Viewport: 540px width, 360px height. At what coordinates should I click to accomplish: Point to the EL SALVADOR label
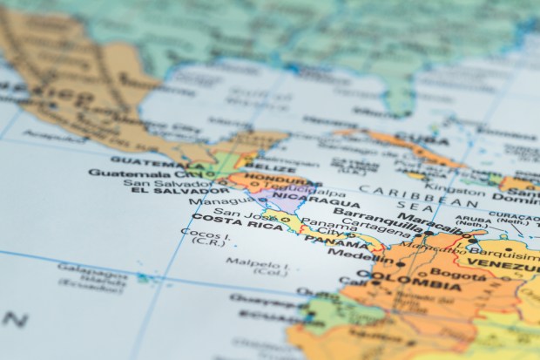tap(166, 192)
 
